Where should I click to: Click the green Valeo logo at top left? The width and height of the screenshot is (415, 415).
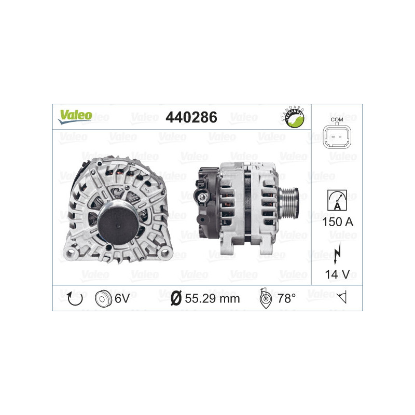point(75,116)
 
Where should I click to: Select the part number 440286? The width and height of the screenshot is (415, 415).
point(190,117)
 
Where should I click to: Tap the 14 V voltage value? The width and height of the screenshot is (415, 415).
point(337,274)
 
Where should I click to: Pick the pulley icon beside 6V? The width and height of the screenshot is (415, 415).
point(104,298)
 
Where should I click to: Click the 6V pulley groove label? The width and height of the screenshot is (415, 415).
point(123,298)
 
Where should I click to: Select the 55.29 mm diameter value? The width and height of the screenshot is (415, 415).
point(212,298)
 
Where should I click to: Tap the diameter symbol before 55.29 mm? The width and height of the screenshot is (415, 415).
point(176,298)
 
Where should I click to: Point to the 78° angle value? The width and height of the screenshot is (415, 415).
point(286,298)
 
